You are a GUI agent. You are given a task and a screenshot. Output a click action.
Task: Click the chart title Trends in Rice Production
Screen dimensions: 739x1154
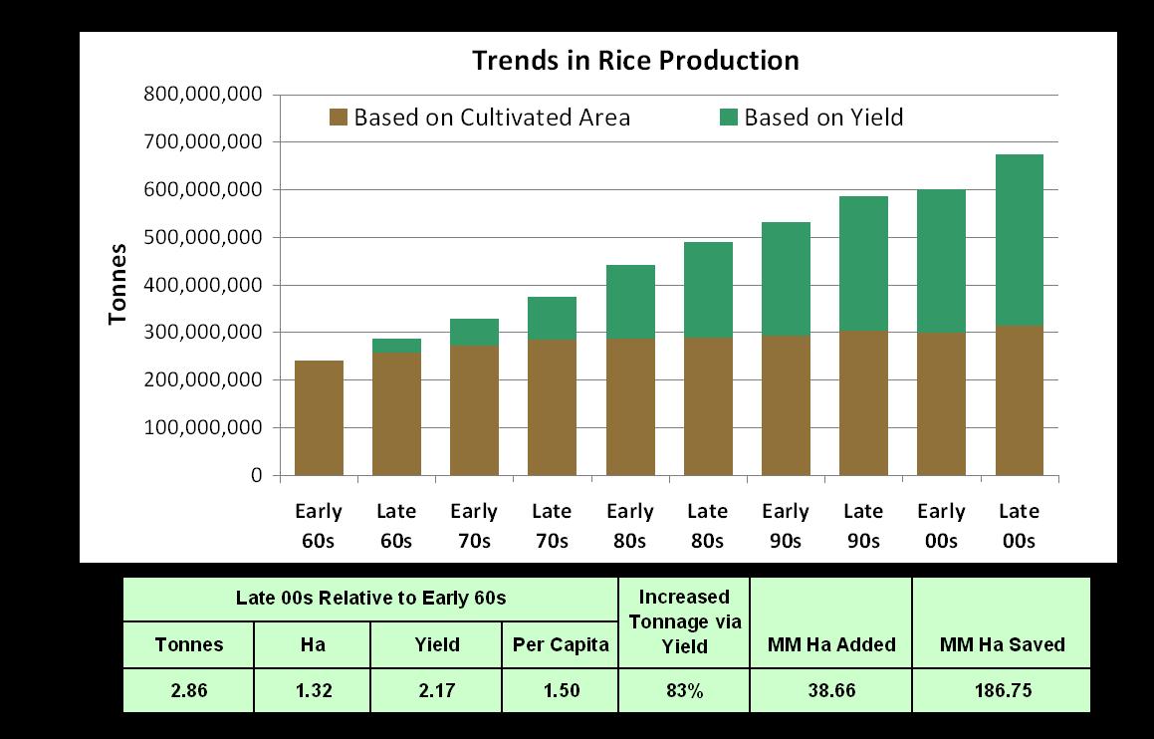point(635,61)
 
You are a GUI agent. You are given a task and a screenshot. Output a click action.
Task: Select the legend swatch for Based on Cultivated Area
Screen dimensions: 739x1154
point(338,118)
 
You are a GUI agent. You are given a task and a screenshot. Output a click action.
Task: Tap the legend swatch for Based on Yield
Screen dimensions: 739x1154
point(729,118)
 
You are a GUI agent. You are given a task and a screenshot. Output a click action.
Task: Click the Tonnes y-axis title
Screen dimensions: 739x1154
point(118,284)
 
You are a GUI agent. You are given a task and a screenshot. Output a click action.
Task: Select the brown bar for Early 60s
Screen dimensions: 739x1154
point(318,418)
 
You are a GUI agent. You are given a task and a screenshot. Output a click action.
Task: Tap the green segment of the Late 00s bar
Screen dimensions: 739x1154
point(1019,240)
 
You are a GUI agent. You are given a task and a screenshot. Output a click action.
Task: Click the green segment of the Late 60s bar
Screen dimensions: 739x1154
point(396,346)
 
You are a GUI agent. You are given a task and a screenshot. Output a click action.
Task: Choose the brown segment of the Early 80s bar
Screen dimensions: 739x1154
point(629,406)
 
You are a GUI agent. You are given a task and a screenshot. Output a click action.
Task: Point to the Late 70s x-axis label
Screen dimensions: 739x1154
point(552,526)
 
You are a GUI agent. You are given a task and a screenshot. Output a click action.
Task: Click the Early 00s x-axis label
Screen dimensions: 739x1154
point(941,526)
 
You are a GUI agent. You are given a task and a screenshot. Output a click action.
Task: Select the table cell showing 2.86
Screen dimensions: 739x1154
point(188,690)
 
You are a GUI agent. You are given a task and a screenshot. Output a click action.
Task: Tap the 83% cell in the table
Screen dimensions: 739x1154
point(684,690)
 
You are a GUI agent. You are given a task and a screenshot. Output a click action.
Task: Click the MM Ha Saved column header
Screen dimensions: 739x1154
point(1001,644)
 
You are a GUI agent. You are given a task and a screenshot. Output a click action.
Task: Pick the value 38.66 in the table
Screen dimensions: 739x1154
point(830,690)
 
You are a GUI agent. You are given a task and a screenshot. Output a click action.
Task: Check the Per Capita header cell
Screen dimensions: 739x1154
point(560,644)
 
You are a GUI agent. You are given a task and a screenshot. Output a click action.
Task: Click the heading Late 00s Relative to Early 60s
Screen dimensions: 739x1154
point(370,599)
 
